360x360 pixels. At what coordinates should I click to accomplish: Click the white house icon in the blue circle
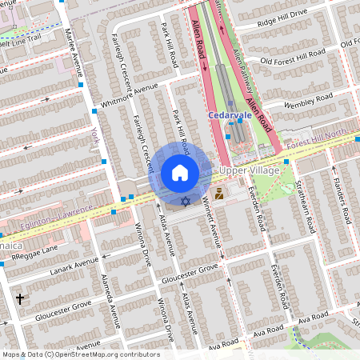180,173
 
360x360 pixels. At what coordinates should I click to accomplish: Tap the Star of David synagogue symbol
186,201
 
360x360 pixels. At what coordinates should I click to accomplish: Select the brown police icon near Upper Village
219,192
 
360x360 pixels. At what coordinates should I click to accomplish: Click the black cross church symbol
19,299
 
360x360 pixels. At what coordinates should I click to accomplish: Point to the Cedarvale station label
230,115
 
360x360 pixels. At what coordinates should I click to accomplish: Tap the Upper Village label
250,171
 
